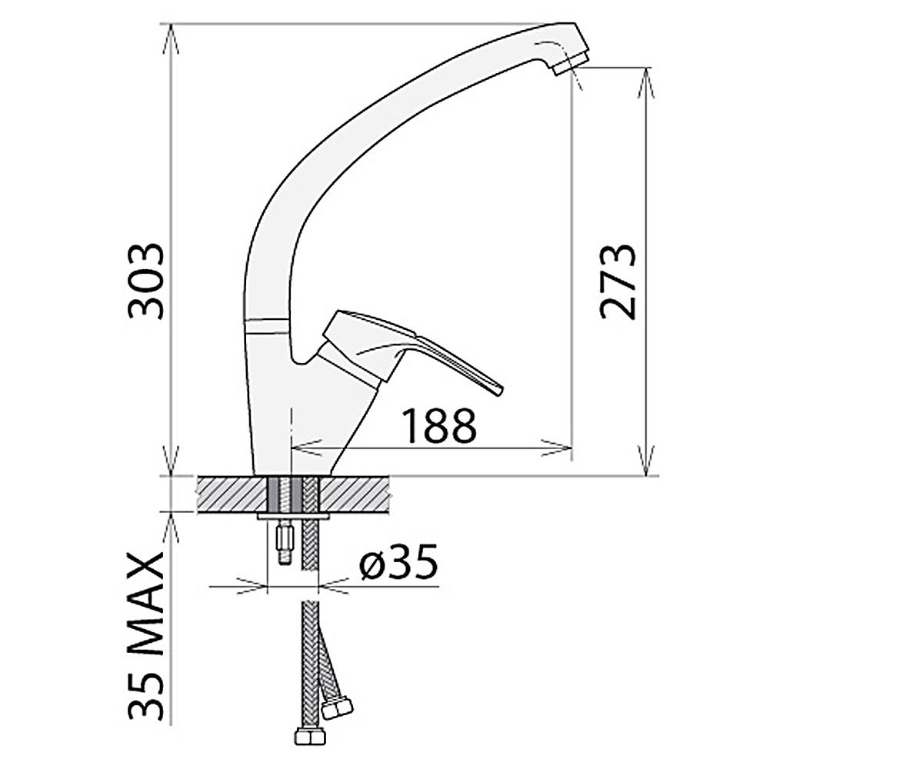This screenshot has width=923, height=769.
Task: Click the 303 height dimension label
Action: [x=145, y=281]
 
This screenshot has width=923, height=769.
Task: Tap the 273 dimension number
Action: [x=618, y=281]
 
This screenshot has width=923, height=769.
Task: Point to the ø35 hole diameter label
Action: [x=398, y=561]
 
